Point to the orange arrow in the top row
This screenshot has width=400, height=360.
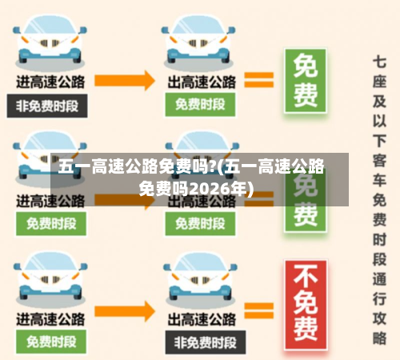pos(126,79)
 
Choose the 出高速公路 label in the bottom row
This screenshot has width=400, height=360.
pos(202,318)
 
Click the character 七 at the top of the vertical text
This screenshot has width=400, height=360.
pos(380,62)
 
